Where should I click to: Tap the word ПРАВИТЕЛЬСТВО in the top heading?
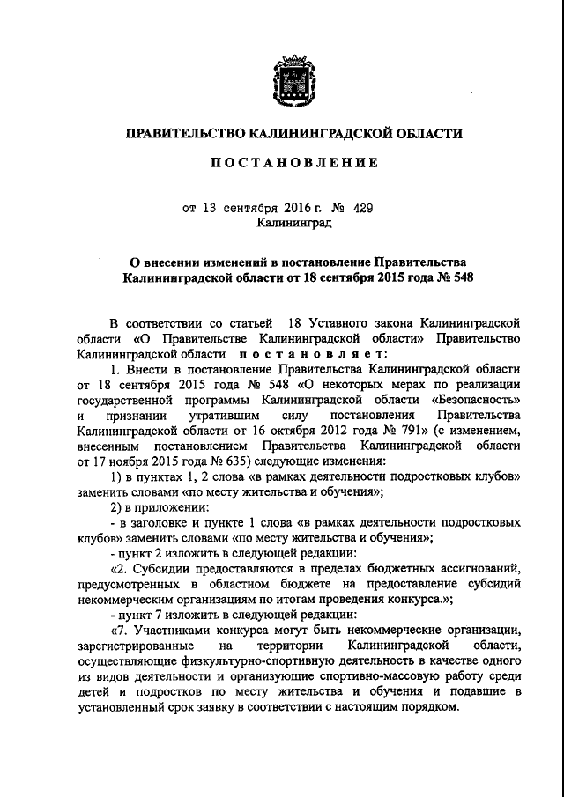(x=183, y=133)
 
